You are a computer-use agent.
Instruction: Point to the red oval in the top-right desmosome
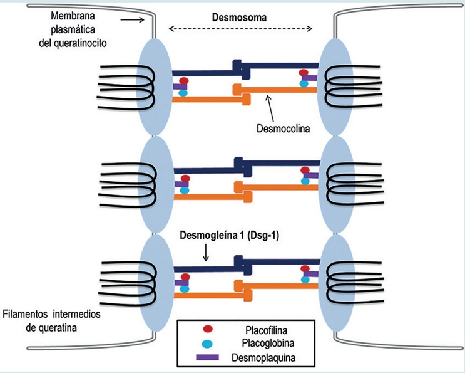[x=304, y=73]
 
